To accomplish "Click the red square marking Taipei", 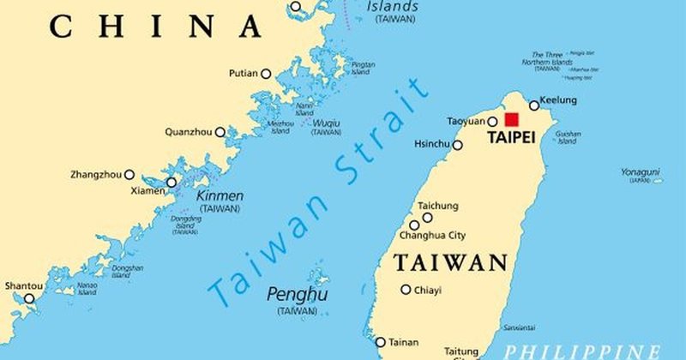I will click(512, 120).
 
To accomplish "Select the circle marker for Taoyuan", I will click(493, 123).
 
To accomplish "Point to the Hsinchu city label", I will click(431, 144).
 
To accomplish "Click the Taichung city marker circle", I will click(427, 218).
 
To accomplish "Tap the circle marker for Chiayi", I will click(406, 290).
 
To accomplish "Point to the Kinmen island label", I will click(220, 196).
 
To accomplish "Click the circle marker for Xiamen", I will click(171, 183).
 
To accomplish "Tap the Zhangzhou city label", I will click(96, 175).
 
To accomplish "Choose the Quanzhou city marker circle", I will click(220, 132).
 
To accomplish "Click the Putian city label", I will click(243, 74).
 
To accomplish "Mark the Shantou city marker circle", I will click(29, 299).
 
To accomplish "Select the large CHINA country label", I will click(156, 27).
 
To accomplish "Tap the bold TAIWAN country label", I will click(450, 263).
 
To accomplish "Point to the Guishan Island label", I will click(568, 137).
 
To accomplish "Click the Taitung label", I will click(460, 351).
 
